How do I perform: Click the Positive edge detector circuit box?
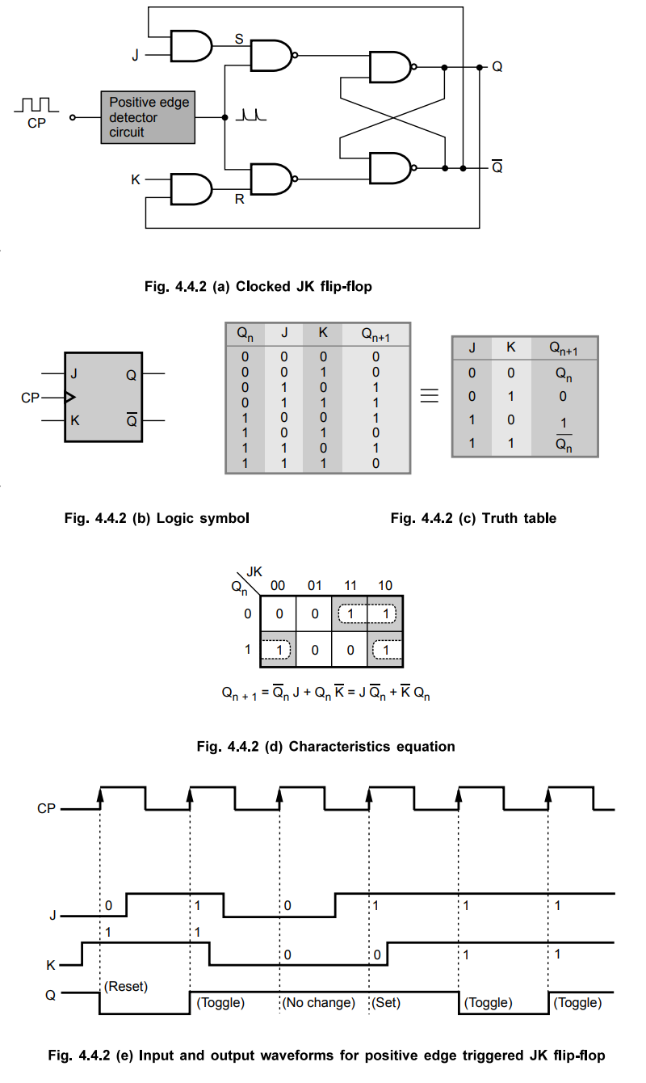coord(148,117)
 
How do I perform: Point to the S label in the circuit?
coord(239,38)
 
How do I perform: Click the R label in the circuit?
coord(239,199)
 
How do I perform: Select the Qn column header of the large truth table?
coord(245,335)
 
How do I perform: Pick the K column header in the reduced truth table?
coord(510,348)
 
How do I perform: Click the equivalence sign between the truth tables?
coord(430,396)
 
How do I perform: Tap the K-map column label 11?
coord(349,585)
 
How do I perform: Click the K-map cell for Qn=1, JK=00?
coord(279,649)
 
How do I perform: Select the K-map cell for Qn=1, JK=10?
coord(385,649)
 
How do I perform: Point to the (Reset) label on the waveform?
coord(127,987)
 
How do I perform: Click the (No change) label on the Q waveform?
coord(319,1003)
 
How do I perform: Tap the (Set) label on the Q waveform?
coord(386,1003)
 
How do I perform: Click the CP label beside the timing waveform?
coord(46,808)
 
